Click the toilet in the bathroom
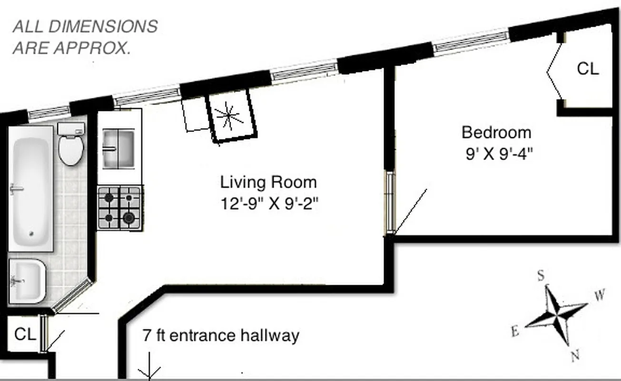[x=71, y=144]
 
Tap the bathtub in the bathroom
[x=30, y=189]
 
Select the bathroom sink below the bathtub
[x=27, y=281]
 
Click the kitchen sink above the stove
[x=119, y=149]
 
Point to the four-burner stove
[x=119, y=208]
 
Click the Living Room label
[x=268, y=182]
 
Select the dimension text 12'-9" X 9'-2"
[x=269, y=204]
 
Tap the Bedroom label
[x=496, y=132]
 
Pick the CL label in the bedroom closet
[x=588, y=69]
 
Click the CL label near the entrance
[x=25, y=334]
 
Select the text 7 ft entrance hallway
[x=221, y=335]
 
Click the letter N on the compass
[x=575, y=355]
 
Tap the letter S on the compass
[x=541, y=276]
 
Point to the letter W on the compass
[x=600, y=295]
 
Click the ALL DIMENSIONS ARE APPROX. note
[x=85, y=37]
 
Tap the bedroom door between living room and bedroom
[x=390, y=204]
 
